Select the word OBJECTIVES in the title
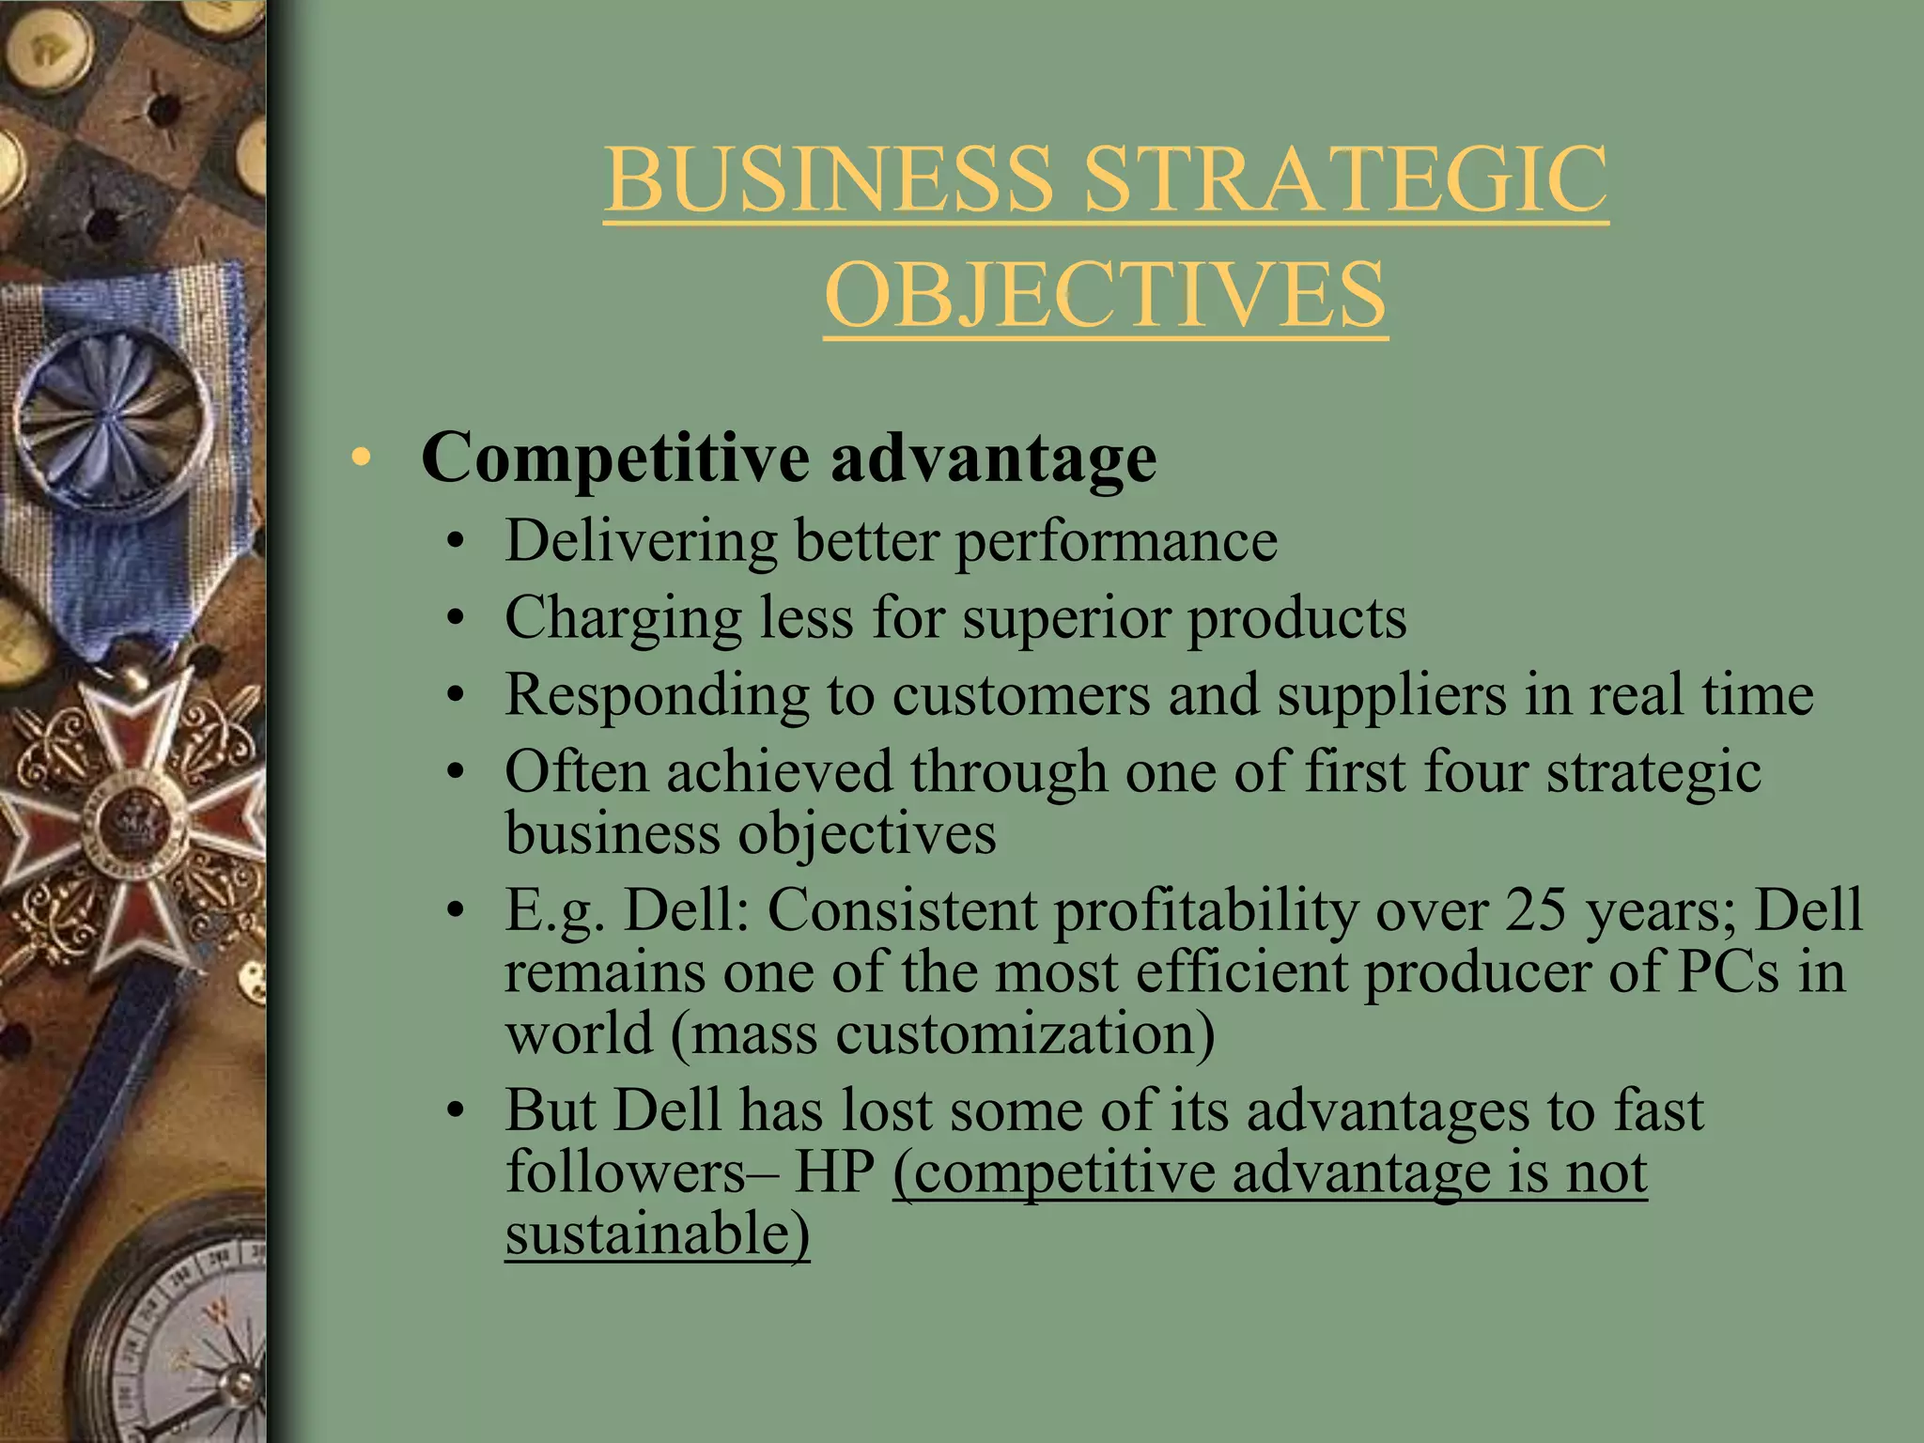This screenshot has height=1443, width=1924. pyautogui.click(x=1106, y=294)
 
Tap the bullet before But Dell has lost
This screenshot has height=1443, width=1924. pyautogui.click(x=456, y=1112)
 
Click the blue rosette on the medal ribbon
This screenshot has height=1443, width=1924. pyautogui.click(x=115, y=411)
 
